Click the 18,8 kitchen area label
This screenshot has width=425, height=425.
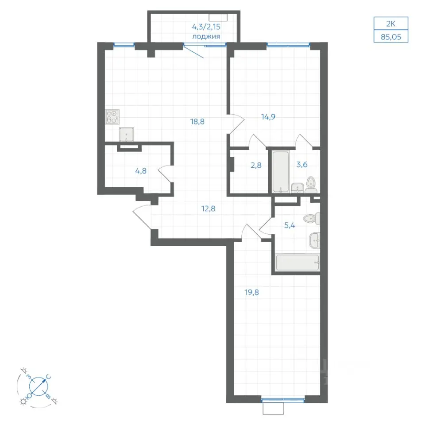click(x=197, y=122)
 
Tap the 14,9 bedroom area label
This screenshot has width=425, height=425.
click(x=268, y=117)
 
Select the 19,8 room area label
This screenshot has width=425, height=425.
click(x=251, y=293)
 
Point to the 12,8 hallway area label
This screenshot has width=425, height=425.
click(x=208, y=209)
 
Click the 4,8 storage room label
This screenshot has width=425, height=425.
click(x=141, y=171)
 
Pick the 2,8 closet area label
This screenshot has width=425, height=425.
click(x=256, y=165)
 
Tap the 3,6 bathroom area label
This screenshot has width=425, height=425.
click(x=301, y=165)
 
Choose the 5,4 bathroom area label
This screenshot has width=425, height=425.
click(x=290, y=225)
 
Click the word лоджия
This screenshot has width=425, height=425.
click(x=206, y=37)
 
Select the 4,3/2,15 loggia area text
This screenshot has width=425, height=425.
click(x=206, y=27)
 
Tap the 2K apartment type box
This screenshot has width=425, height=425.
click(x=390, y=24)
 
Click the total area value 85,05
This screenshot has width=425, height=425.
click(x=391, y=37)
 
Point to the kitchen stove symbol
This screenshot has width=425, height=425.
click(x=112, y=117)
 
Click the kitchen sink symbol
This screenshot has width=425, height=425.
click(x=126, y=135)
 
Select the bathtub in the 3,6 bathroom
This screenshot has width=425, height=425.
click(x=281, y=172)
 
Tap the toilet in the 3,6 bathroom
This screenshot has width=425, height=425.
click(x=311, y=185)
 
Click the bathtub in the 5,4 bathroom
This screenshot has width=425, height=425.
click(x=297, y=263)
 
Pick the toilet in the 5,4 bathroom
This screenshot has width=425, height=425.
click(x=311, y=219)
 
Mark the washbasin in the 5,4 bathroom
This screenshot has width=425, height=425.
click(x=315, y=240)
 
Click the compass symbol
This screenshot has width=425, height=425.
click(x=38, y=386)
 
